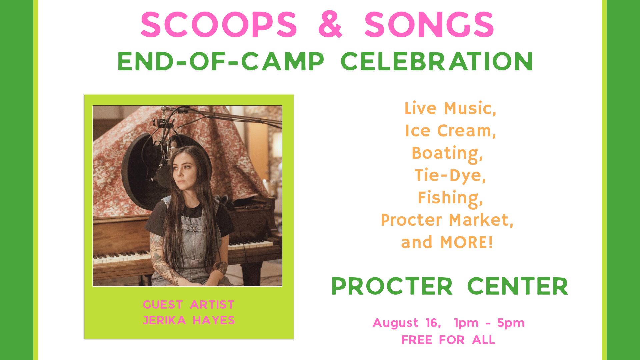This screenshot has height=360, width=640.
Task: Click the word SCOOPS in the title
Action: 219,24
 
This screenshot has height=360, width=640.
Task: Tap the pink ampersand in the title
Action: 330,24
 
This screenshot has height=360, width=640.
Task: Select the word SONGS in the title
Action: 429,24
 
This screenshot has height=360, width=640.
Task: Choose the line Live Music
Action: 450,109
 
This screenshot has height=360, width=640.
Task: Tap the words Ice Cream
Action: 450,131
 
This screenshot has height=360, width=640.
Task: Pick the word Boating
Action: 447,153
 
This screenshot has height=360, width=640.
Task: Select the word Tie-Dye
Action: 450,176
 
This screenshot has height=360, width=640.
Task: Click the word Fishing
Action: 450,198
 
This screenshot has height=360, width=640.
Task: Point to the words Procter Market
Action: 447,220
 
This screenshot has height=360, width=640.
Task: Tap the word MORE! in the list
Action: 466,242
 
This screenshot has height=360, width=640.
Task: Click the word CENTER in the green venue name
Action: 517,286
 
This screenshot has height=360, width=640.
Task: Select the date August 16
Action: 407,323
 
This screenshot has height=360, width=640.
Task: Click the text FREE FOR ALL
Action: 448,340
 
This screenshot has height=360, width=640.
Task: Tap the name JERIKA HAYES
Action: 189,320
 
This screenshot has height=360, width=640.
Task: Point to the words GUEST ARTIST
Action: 189,305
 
